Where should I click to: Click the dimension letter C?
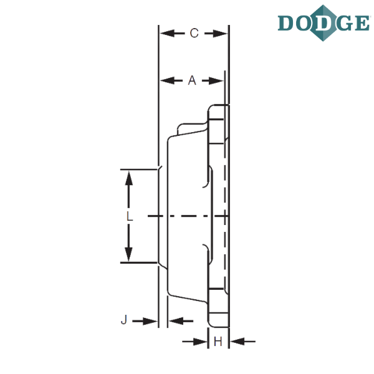(194, 33)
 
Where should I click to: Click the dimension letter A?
(192, 80)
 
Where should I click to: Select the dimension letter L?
(130, 216)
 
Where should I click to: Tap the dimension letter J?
(124, 320)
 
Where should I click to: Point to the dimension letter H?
(218, 342)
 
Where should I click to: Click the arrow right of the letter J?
(145, 321)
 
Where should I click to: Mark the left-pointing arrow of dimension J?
(181, 321)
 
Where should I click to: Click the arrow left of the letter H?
(194, 342)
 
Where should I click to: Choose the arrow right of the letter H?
(243, 342)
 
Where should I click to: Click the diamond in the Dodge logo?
(323, 23)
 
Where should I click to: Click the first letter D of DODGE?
(285, 23)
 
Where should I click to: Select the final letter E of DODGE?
(362, 23)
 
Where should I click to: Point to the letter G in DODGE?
(345, 23)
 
